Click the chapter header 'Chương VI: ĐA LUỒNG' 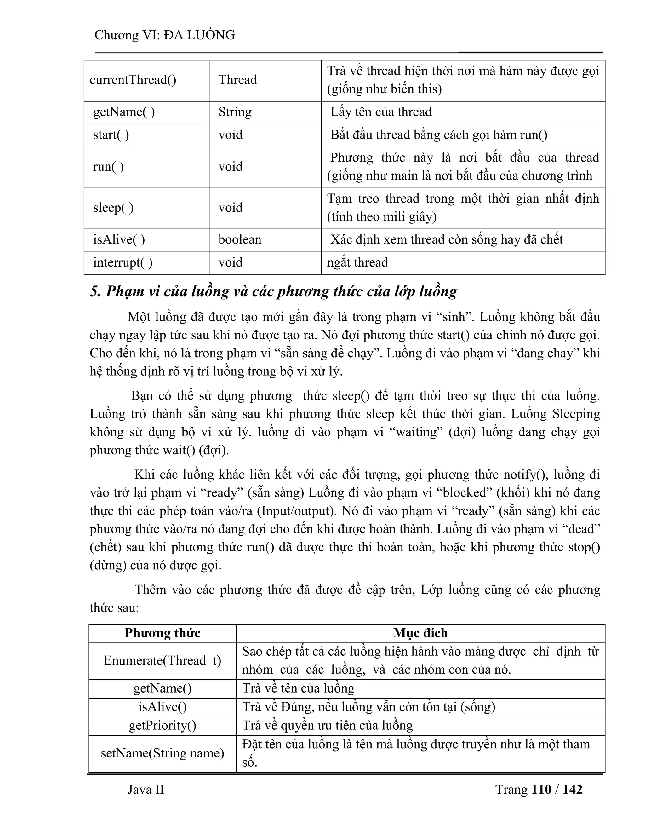(164, 35)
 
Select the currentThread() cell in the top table (133, 80)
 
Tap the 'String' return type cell (235, 112)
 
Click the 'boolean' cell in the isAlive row (240, 240)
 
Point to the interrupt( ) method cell (123, 263)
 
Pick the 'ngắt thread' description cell (357, 263)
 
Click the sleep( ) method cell (113, 208)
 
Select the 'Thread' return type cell (237, 80)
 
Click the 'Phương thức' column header (163, 633)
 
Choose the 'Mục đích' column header (420, 633)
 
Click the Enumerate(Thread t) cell (163, 661)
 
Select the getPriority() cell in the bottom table (163, 726)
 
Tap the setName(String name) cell (163, 753)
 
